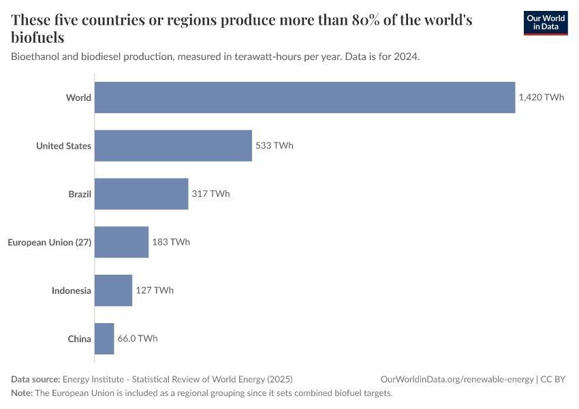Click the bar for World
304,97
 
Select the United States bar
173,146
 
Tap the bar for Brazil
141,194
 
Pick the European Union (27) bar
121,242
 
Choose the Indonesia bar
113,290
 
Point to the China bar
104,339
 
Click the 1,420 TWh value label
541,97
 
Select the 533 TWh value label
274,146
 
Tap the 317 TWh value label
210,194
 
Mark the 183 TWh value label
170,242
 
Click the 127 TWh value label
154,290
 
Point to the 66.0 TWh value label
138,339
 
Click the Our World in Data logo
545,22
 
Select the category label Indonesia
72,290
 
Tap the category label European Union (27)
49,242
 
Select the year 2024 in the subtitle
406,57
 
